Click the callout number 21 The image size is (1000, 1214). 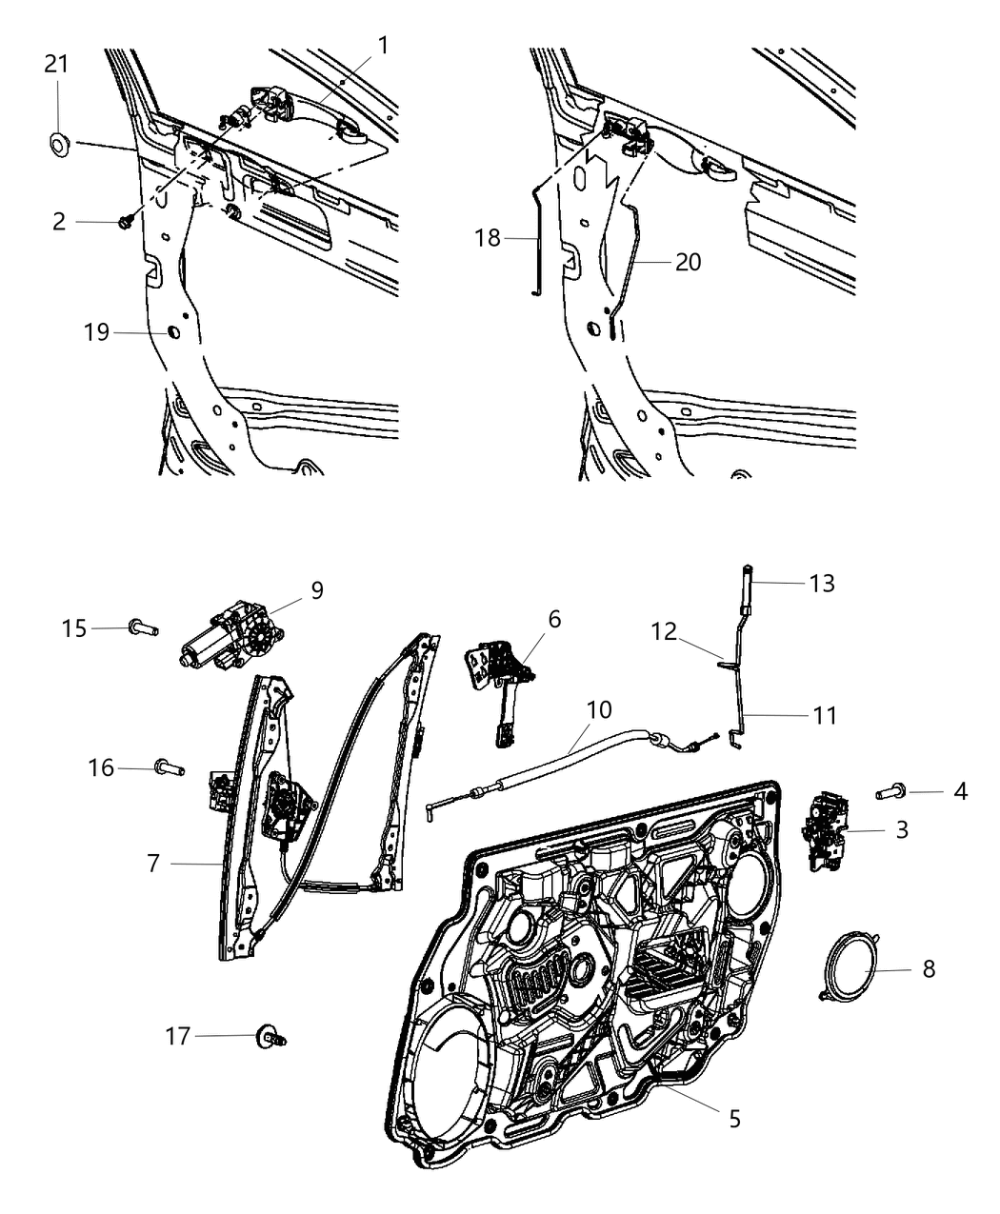click(x=56, y=65)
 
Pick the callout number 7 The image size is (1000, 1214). click(x=153, y=863)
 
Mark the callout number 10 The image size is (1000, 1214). click(x=599, y=709)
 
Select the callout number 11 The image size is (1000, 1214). click(x=825, y=714)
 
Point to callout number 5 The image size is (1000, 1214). click(x=734, y=1118)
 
